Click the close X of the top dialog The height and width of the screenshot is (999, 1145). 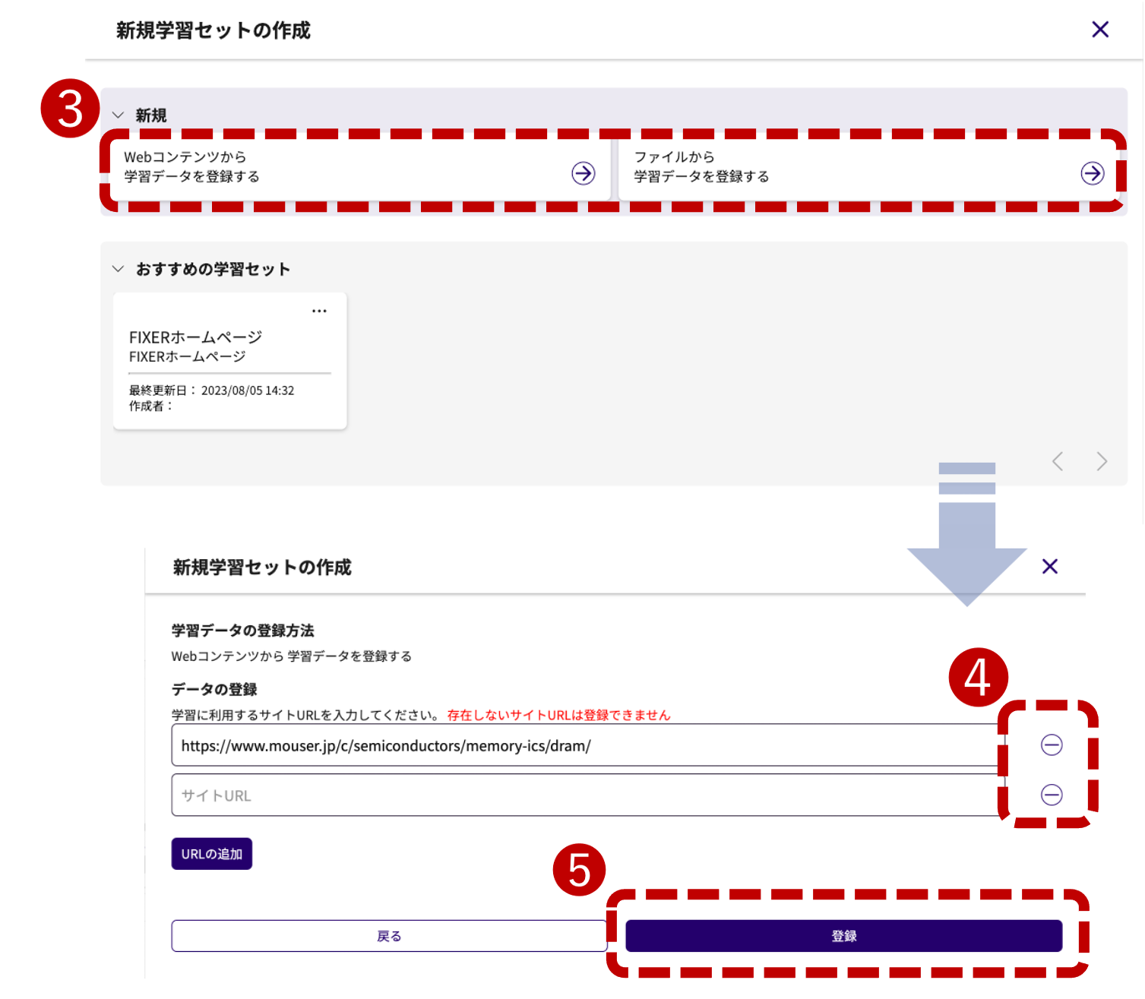pyautogui.click(x=1099, y=29)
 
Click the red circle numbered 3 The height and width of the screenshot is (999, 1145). pyautogui.click(x=70, y=109)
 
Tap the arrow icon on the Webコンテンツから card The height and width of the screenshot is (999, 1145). pyautogui.click(x=583, y=173)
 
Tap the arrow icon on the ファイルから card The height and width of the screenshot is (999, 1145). pyautogui.click(x=1092, y=173)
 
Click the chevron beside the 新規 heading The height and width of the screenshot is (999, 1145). pyautogui.click(x=118, y=115)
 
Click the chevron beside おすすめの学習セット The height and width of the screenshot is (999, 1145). pyautogui.click(x=118, y=269)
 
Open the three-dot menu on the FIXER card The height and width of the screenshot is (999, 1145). pyautogui.click(x=319, y=311)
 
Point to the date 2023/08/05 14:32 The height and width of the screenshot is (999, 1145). pyautogui.click(x=248, y=390)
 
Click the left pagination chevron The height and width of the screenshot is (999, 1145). pyautogui.click(x=1057, y=461)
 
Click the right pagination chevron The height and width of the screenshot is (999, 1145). pyautogui.click(x=1102, y=461)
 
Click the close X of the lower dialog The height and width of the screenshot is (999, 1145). pyautogui.click(x=1049, y=566)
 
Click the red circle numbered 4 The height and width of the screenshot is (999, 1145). pyautogui.click(x=978, y=677)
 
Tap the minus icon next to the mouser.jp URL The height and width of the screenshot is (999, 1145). pyautogui.click(x=1051, y=745)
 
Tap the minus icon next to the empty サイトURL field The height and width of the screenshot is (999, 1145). pyautogui.click(x=1051, y=795)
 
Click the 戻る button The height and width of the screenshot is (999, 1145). pyautogui.click(x=389, y=936)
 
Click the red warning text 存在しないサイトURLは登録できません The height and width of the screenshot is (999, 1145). pyautogui.click(x=558, y=715)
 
